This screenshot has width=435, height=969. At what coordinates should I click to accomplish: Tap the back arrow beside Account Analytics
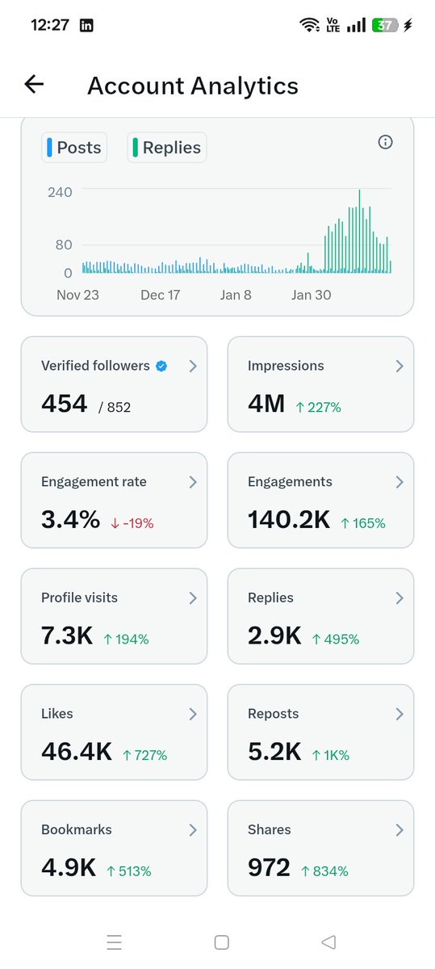tap(34, 84)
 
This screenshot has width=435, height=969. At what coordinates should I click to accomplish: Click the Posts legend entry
tap(74, 148)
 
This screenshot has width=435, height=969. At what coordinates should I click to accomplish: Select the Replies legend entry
tap(166, 148)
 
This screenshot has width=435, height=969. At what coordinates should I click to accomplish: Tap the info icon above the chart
tap(385, 142)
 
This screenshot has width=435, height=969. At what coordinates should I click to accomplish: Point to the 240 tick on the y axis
tap(60, 192)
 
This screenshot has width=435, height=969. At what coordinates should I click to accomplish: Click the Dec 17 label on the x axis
tap(160, 295)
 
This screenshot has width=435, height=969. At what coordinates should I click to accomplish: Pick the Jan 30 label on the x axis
tap(311, 295)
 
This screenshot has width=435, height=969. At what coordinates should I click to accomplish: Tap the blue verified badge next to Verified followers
tap(161, 366)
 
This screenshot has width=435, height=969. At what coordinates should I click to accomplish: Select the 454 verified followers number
tap(64, 404)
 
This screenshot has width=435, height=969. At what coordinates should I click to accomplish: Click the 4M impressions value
tap(266, 404)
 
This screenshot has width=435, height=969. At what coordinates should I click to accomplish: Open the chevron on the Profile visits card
tap(192, 598)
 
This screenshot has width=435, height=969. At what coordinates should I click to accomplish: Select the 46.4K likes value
tap(76, 752)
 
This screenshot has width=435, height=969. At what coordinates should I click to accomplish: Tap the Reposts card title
tap(273, 714)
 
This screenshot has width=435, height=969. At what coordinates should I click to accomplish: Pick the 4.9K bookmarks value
tap(69, 868)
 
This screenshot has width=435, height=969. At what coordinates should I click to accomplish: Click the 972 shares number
tap(269, 868)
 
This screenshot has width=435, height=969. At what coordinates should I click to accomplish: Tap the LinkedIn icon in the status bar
tap(86, 25)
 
